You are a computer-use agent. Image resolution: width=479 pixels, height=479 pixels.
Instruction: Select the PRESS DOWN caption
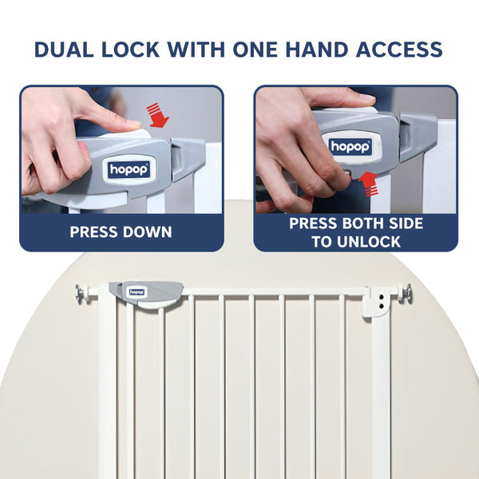pyautogui.click(x=121, y=232)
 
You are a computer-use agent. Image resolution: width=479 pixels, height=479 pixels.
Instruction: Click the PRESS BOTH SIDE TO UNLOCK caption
pyautogui.click(x=356, y=232)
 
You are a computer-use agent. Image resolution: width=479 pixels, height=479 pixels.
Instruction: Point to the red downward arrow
pyautogui.click(x=158, y=115)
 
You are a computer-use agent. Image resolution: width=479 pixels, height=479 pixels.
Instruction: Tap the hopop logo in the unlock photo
pyautogui.click(x=350, y=147)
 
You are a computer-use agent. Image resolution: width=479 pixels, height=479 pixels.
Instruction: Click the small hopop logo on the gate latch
pyautogui.click(x=137, y=292)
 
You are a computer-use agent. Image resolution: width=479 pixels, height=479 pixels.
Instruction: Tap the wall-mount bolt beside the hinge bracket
pyautogui.click(x=406, y=295)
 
